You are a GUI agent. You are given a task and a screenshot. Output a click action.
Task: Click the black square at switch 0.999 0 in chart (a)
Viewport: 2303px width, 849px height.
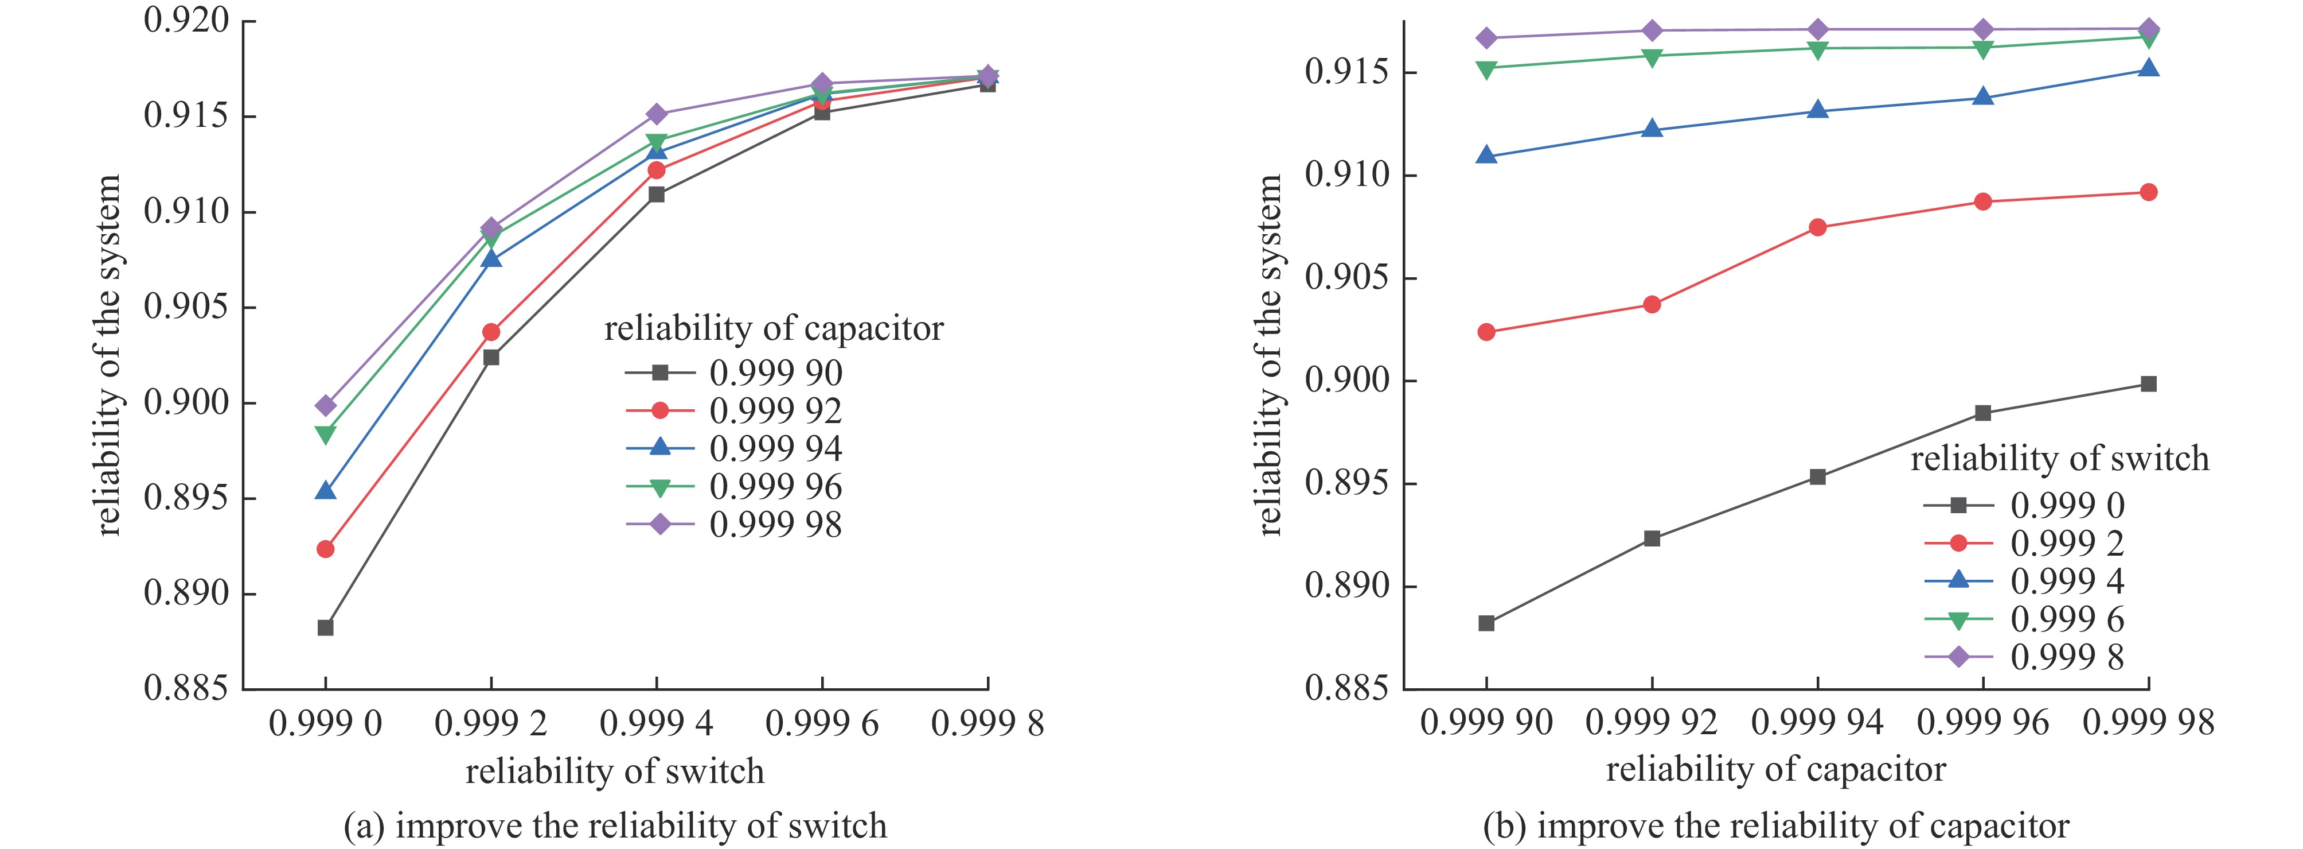pos(325,628)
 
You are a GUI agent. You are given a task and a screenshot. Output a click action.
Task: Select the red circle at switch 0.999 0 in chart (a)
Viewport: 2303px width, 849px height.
pos(325,548)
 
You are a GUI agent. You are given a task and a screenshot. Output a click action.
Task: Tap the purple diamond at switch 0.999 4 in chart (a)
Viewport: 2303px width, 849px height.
pos(656,114)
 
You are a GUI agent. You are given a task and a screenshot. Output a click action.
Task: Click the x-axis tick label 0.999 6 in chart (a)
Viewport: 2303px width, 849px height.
pos(822,723)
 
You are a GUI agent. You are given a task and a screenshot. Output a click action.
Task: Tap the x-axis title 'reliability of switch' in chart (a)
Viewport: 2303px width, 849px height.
pos(615,771)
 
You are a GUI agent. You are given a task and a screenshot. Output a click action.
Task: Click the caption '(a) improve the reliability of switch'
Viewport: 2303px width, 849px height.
pos(615,825)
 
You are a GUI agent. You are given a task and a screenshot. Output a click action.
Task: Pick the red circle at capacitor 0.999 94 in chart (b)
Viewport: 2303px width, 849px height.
pos(1817,227)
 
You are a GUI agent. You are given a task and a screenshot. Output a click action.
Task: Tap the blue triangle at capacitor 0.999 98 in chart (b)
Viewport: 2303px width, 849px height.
pos(2148,69)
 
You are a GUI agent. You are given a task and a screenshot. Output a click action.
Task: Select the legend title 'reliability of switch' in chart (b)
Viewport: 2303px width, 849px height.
pos(2059,459)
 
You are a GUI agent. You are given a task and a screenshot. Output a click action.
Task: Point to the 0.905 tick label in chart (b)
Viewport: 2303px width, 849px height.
pos(1347,277)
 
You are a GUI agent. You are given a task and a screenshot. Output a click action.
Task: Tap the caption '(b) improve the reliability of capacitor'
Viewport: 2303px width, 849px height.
pos(1775,825)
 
